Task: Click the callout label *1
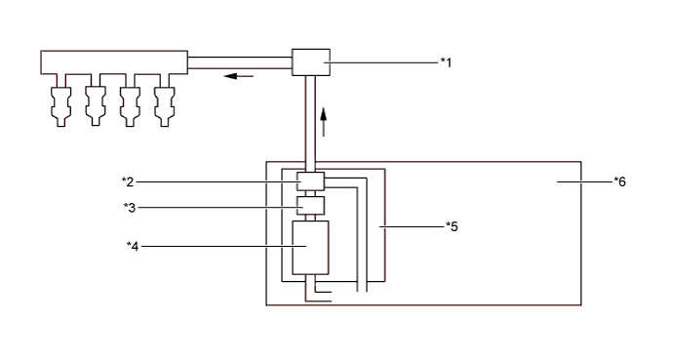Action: tap(446, 62)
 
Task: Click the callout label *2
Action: tap(127, 180)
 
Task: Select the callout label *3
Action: tap(127, 206)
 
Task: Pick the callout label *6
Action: tap(619, 180)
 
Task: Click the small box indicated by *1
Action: tap(312, 62)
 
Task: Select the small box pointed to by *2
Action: tap(310, 181)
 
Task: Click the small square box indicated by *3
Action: tap(310, 205)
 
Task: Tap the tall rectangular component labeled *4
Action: tap(310, 247)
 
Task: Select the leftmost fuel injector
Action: tap(60, 101)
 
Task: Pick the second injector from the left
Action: tap(95, 101)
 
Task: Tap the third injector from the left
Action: tap(130, 101)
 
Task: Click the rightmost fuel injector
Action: tap(164, 101)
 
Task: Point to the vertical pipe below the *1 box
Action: tap(310, 122)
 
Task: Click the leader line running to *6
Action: tap(585, 180)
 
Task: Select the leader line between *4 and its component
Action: tap(215, 245)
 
